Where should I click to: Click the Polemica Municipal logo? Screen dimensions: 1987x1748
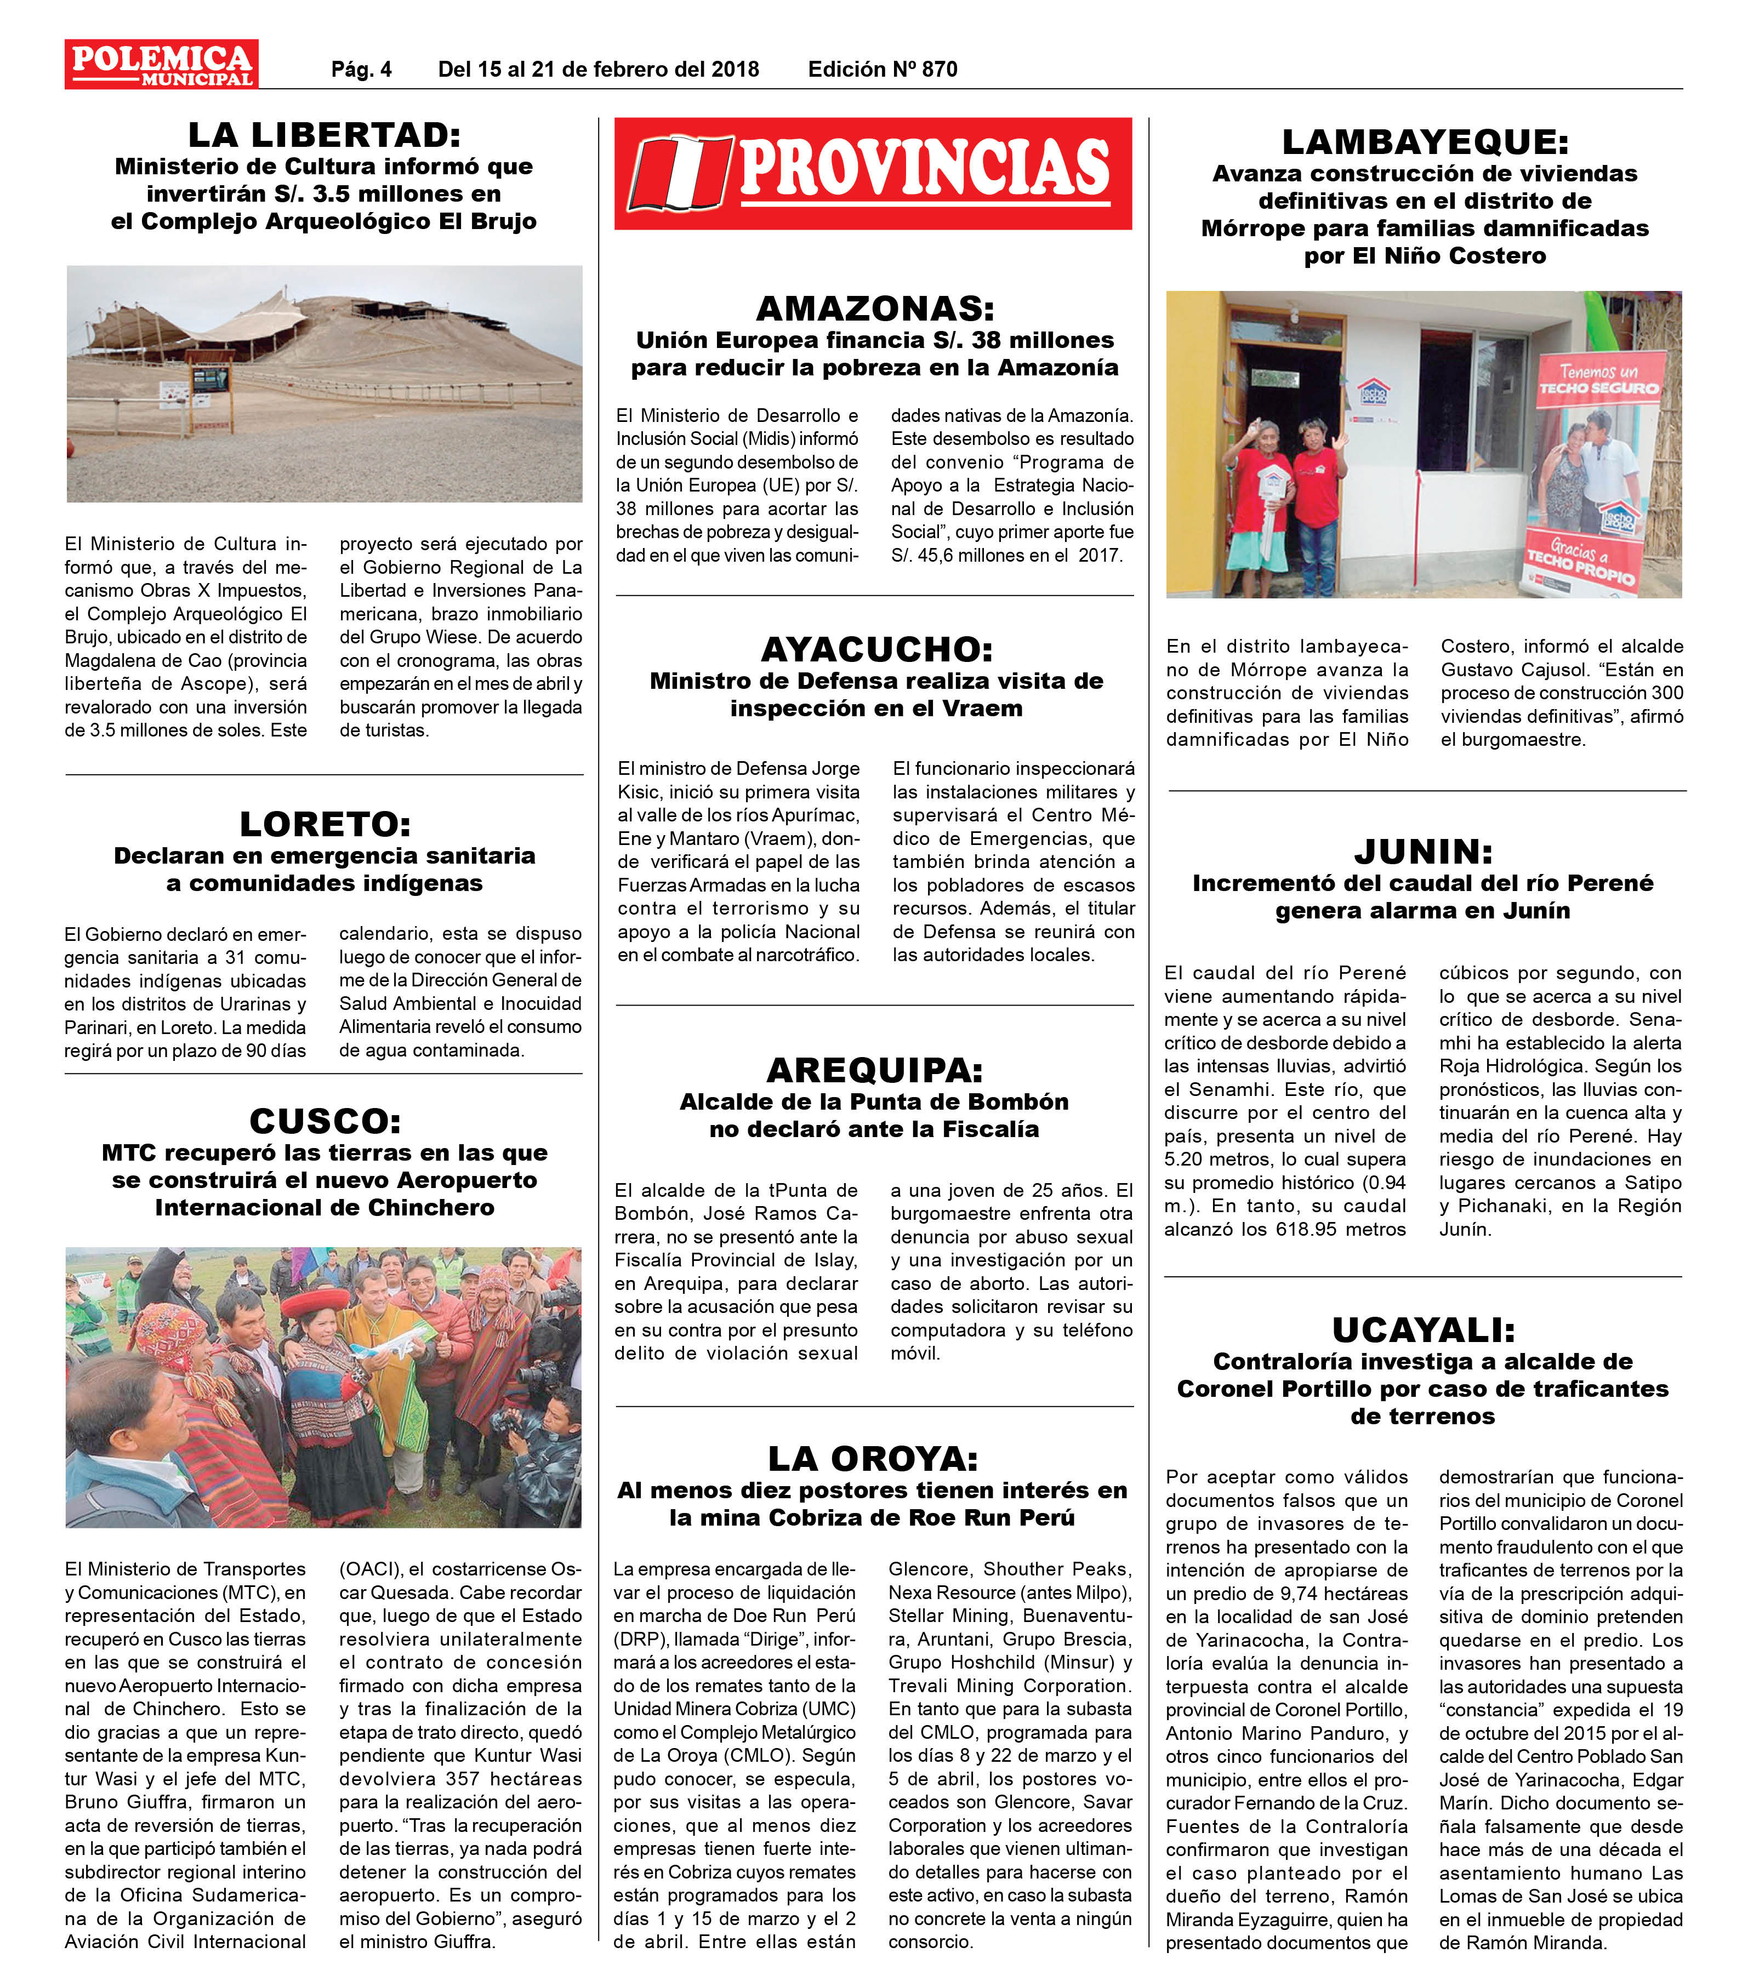pyautogui.click(x=161, y=64)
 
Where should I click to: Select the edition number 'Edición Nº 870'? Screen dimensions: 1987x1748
pyautogui.click(x=882, y=69)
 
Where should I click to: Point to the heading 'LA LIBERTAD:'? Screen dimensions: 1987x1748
pyautogui.click(x=324, y=134)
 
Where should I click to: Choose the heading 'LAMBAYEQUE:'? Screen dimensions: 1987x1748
pyautogui.click(x=1424, y=142)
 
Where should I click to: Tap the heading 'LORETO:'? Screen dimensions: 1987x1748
pyautogui.click(x=324, y=824)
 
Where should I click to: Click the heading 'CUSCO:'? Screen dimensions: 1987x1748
pyautogui.click(x=324, y=1121)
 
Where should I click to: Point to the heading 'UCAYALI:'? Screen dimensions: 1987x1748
pyautogui.click(x=1422, y=1329)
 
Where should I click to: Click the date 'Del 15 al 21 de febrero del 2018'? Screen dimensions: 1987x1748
pyautogui.click(x=598, y=69)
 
